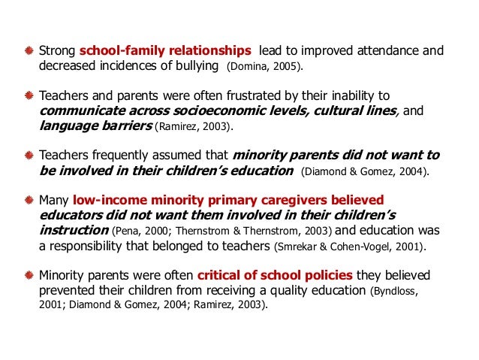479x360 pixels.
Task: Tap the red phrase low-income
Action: pyautogui.click(x=107, y=201)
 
